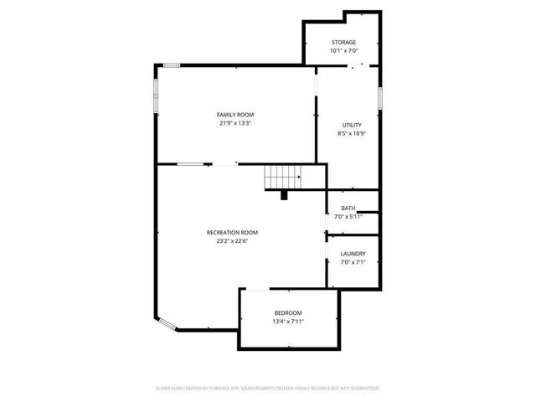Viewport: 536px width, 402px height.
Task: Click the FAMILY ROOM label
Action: [235, 115]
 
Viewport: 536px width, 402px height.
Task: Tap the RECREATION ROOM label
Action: [232, 232]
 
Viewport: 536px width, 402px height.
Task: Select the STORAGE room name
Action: [343, 42]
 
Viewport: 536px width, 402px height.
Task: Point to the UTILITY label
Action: [351, 125]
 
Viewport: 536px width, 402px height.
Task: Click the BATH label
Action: [348, 209]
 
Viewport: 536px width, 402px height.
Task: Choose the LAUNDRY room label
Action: [351, 254]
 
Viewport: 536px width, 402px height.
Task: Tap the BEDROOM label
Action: [288, 312]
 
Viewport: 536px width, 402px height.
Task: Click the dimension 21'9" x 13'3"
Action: [235, 123]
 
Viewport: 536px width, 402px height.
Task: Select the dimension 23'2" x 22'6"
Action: [232, 241]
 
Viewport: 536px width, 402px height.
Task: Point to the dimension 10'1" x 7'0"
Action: [343, 50]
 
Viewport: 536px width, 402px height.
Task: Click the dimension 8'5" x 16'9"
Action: [351, 133]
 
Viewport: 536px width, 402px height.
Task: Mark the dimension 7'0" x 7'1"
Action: [351, 262]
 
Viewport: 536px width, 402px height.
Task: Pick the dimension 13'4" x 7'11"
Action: [288, 322]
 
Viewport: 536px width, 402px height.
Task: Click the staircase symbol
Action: [283, 178]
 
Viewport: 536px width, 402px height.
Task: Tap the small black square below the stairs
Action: [284, 195]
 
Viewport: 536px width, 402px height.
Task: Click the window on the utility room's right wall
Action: [379, 97]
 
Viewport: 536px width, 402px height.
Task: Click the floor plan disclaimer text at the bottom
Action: [268, 388]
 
